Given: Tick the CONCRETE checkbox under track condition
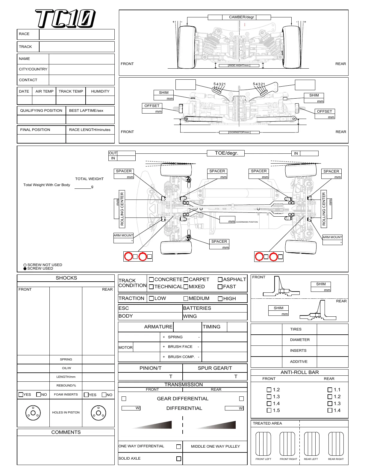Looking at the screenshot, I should click(x=151, y=280).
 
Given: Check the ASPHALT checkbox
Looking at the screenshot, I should click(x=220, y=280).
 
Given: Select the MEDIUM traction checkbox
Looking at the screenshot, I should click(x=186, y=298).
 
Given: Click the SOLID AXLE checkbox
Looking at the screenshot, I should click(x=179, y=459).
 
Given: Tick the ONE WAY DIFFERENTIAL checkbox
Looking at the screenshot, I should click(x=179, y=446).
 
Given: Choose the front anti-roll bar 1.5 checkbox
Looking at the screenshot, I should click(x=269, y=410).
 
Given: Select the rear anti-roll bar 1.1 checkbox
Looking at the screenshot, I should click(x=330, y=390).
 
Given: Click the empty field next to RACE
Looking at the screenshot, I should click(x=77, y=34).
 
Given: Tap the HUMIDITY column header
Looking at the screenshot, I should click(x=100, y=91).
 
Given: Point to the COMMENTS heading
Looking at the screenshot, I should click(x=66, y=432).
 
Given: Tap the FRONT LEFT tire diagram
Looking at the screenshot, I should click(x=263, y=444).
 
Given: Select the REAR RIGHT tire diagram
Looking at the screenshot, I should click(x=336, y=444).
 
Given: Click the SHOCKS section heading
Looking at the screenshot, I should click(x=66, y=278).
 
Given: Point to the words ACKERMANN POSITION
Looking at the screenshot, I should click(x=247, y=222).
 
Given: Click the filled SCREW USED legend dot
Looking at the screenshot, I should click(x=25, y=268).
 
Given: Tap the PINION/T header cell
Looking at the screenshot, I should click(x=150, y=368).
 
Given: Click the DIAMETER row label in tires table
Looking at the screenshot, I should click(x=299, y=340).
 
